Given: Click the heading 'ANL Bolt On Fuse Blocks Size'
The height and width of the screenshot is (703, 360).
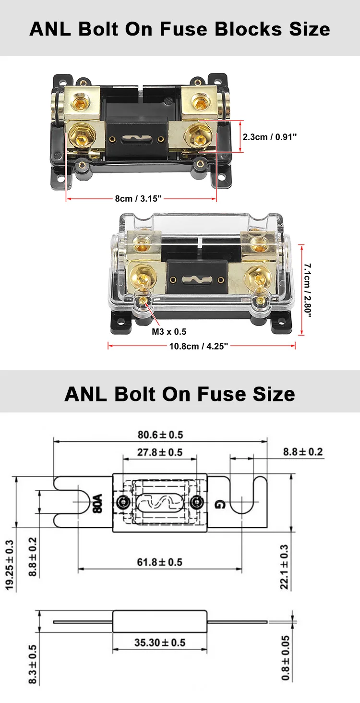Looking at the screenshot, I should tap(180, 29).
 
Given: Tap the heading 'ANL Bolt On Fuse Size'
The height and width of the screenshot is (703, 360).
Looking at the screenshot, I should tap(180, 394).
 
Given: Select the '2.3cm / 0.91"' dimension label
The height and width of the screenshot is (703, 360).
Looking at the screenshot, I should tap(270, 137).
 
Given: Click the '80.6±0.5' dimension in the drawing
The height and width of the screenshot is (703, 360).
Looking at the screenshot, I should tap(160, 435).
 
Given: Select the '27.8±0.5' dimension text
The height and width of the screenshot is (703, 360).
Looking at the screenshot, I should tap(160, 452).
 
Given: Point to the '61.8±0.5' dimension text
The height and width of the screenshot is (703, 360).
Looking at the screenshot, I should tap(160, 561).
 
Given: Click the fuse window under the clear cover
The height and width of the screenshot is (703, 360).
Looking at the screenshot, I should tap(196, 278).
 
